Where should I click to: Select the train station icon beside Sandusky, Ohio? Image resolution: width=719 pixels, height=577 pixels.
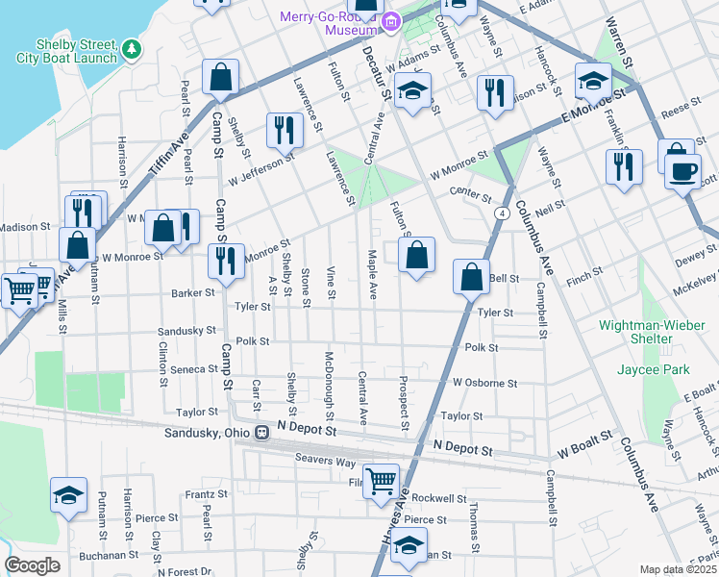click(260, 433)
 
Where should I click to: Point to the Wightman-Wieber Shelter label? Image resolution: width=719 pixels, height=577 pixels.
click(648, 332)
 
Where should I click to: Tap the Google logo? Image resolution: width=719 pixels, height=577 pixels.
click(32, 565)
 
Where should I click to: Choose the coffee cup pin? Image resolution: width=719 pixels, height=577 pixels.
click(683, 172)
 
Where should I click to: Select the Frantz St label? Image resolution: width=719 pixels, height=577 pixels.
click(206, 493)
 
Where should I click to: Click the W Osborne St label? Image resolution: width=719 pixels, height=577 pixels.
click(485, 382)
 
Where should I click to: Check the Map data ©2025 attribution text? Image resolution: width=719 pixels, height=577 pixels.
click(678, 569)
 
